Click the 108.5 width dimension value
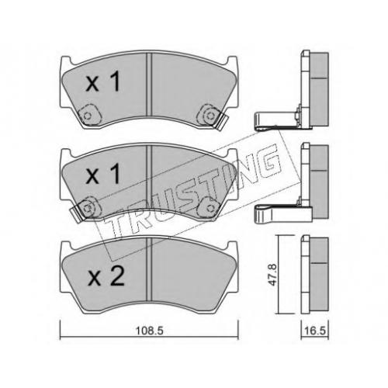(x=149, y=331)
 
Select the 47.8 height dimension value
(x=273, y=275)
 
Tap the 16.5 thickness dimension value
(x=315, y=331)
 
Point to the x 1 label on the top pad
(x=103, y=81)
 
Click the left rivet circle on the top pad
(x=87, y=116)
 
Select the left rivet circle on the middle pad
(x=87, y=207)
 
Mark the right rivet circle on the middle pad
(x=209, y=207)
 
